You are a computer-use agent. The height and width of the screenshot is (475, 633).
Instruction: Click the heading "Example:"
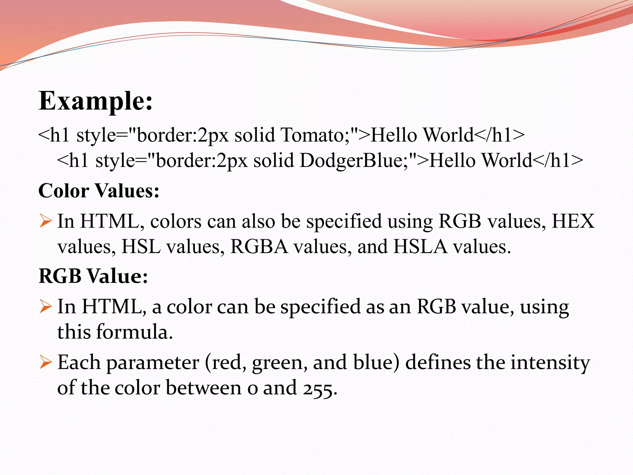pyautogui.click(x=96, y=101)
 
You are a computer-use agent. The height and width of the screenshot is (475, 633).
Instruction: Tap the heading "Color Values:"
pyautogui.click(x=99, y=190)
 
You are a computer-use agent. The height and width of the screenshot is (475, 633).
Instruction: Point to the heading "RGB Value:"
pyautogui.click(x=93, y=276)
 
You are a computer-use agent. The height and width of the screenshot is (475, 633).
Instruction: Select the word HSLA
pyautogui.click(x=420, y=247)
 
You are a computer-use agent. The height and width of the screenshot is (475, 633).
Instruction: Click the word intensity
pyautogui.click(x=550, y=362)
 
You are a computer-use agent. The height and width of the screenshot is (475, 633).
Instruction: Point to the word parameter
pyautogui.click(x=153, y=362)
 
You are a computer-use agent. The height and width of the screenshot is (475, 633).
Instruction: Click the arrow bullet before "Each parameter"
pyautogui.click(x=45, y=362)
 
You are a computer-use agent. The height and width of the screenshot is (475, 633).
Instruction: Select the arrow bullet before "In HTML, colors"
pyautogui.click(x=45, y=221)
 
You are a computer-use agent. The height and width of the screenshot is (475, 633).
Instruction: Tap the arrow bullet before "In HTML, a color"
pyautogui.click(x=45, y=307)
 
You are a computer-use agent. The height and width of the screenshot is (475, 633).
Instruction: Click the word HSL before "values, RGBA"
pyautogui.click(x=141, y=247)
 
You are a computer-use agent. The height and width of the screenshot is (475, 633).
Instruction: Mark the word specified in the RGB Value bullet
pyautogui.click(x=320, y=307)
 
